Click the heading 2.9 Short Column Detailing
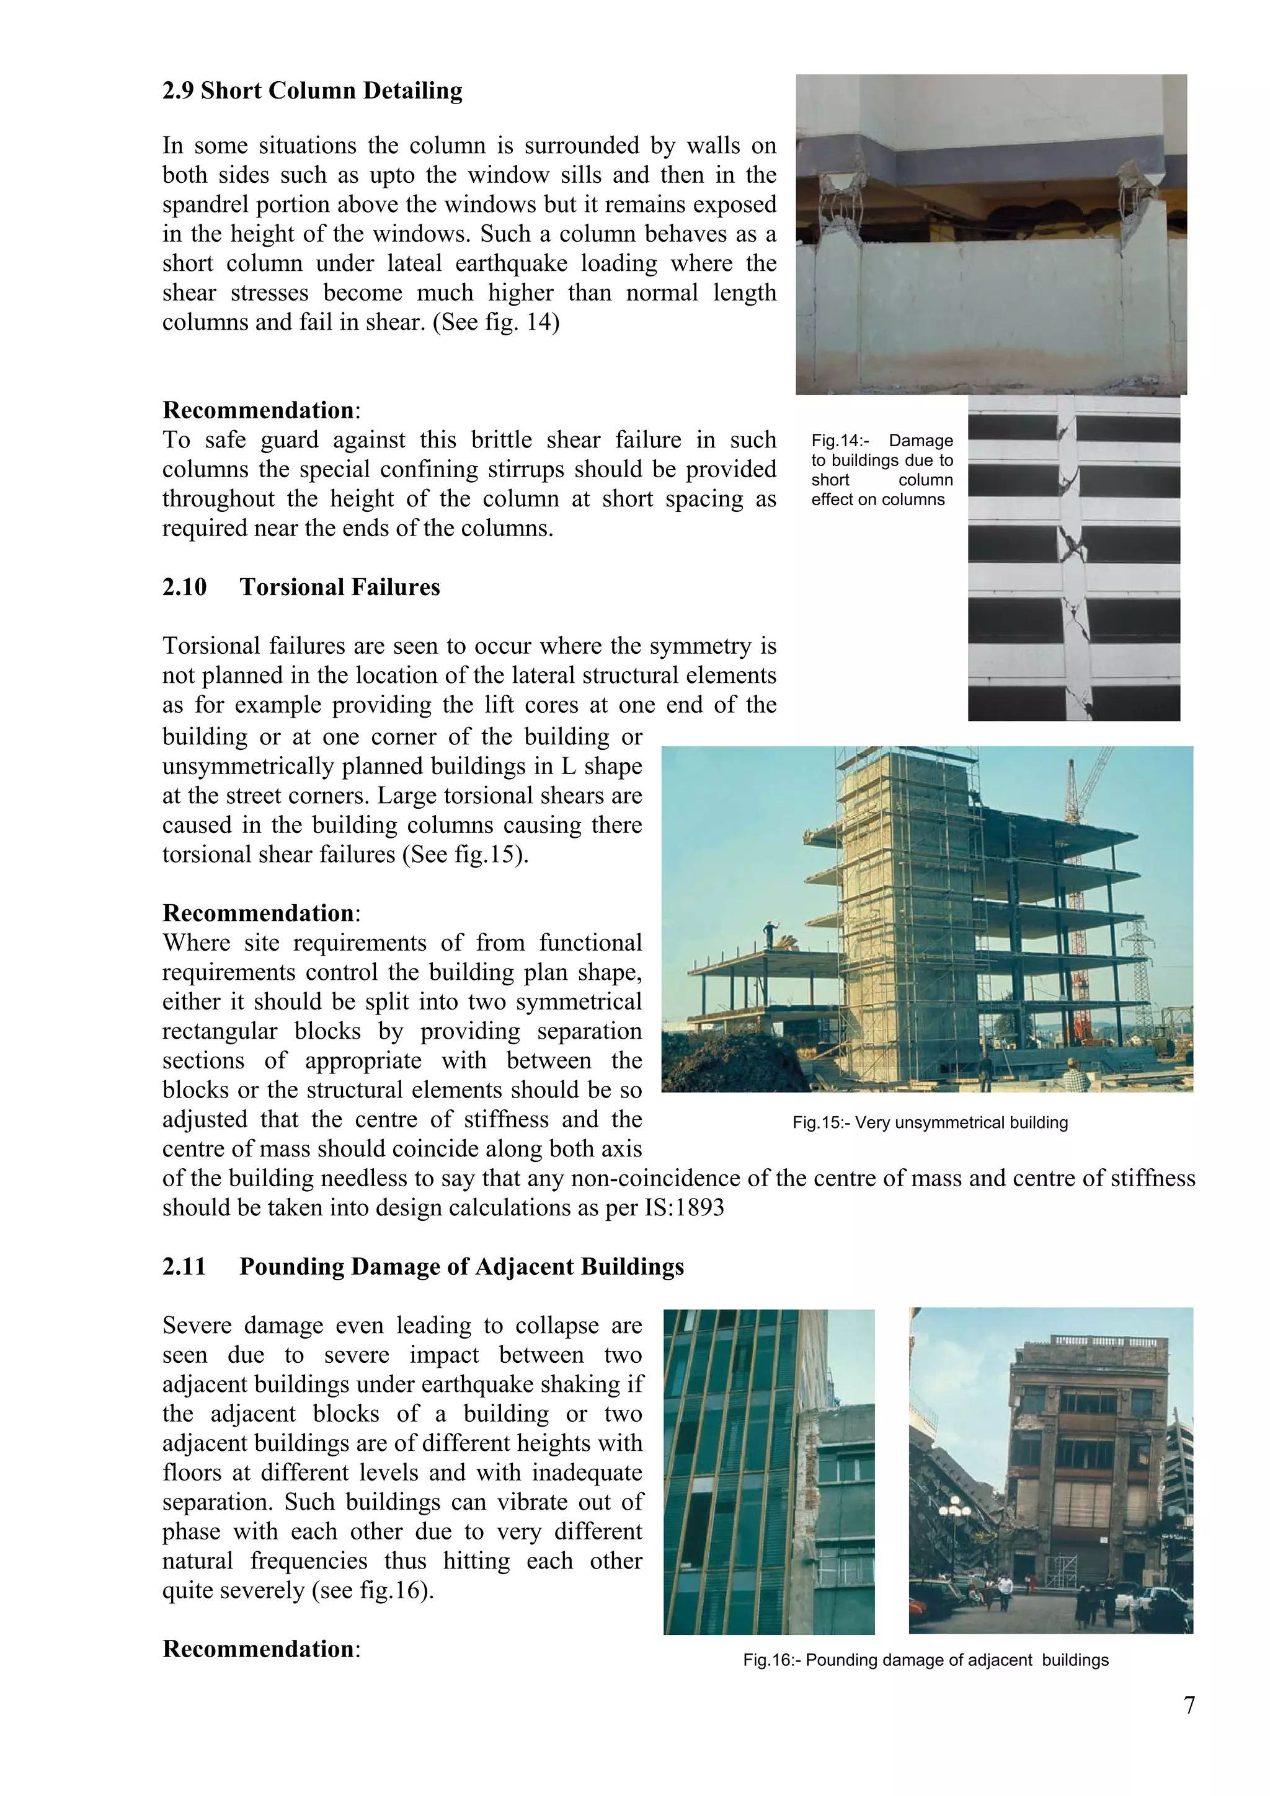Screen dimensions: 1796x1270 click(x=312, y=90)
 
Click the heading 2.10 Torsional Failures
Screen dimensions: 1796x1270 click(x=301, y=587)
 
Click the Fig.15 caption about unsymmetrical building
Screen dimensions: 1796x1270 click(x=930, y=1122)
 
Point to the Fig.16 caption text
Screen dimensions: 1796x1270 click(x=926, y=1659)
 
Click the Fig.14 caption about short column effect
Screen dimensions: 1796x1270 click(x=882, y=470)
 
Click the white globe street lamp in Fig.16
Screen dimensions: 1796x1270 click(x=954, y=1508)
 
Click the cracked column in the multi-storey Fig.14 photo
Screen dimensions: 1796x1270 click(x=1069, y=548)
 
